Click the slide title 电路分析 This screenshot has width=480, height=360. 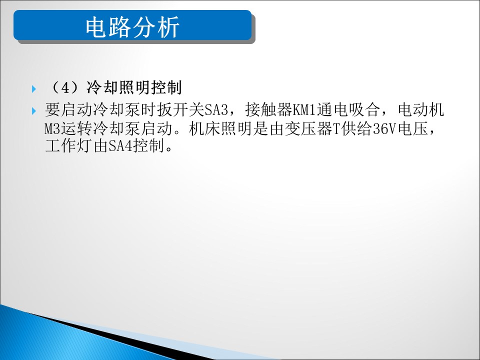(x=132, y=27)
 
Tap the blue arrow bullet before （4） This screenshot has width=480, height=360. (x=34, y=89)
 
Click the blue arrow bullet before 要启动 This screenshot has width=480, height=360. (x=34, y=111)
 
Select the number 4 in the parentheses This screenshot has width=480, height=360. (x=65, y=88)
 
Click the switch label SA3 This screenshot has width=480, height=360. (x=216, y=110)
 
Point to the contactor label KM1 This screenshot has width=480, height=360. (x=304, y=110)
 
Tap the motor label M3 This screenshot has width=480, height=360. (x=52, y=129)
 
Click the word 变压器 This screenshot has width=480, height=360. (x=308, y=128)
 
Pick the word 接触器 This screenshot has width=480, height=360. (x=269, y=109)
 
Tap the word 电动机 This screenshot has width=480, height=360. (x=421, y=109)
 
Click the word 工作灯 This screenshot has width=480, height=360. (x=69, y=145)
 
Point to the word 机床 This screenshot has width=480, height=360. (x=204, y=128)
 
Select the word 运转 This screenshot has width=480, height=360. (x=76, y=128)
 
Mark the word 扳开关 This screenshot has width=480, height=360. (x=180, y=109)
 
